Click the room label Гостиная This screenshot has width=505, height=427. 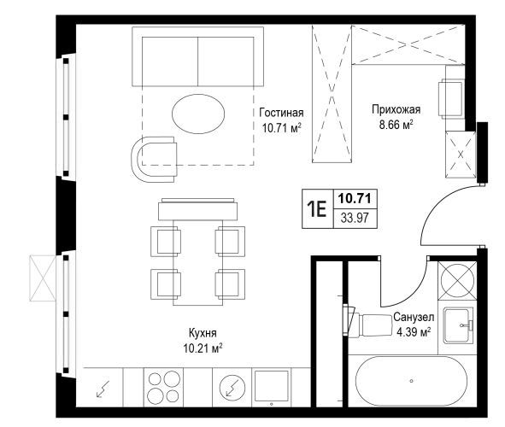[281, 113]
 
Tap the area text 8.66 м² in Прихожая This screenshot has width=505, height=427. [396, 125]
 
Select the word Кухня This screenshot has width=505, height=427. [203, 333]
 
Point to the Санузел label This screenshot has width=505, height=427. [414, 317]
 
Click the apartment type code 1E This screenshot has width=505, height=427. [317, 208]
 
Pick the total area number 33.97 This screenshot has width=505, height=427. [355, 218]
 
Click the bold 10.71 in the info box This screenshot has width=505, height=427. [355, 198]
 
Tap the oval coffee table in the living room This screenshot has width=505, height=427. [198, 114]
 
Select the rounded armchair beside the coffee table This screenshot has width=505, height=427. [154, 160]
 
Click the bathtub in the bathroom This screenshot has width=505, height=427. [411, 381]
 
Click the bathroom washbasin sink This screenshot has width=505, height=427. [458, 325]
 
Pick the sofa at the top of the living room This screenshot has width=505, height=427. [197, 56]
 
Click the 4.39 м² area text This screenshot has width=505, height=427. [414, 331]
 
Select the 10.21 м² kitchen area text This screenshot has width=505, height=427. [203, 348]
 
